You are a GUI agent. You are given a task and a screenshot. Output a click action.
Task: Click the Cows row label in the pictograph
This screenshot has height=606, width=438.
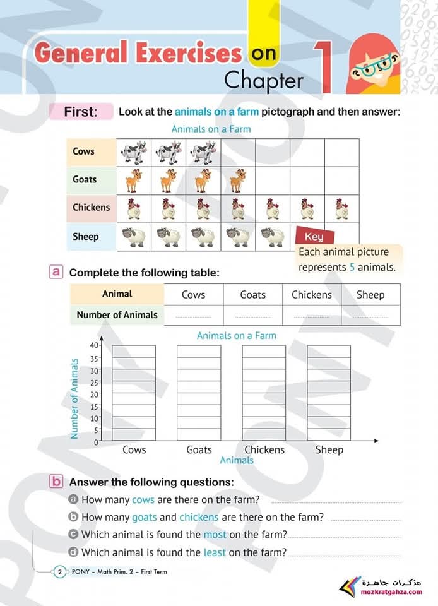(83, 151)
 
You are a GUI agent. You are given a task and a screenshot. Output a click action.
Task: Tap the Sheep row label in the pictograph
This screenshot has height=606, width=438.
(85, 237)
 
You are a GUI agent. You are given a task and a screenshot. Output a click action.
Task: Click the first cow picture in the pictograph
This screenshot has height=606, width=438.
(134, 152)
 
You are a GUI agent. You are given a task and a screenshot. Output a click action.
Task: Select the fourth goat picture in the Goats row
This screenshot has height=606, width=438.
(237, 181)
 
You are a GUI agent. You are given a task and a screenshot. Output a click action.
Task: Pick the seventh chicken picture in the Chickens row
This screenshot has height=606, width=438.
(341, 208)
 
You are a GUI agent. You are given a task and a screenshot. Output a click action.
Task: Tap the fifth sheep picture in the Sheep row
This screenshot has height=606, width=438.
(272, 237)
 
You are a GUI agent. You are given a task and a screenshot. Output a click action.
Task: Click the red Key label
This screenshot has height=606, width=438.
(314, 237)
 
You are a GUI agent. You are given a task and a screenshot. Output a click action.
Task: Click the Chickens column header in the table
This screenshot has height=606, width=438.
(312, 295)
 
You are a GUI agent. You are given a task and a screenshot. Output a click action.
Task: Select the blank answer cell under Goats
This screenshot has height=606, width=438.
(252, 315)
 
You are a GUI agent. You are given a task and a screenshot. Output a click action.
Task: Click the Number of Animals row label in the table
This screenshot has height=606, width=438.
(117, 314)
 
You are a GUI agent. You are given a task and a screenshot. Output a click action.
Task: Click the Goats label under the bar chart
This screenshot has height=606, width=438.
(199, 449)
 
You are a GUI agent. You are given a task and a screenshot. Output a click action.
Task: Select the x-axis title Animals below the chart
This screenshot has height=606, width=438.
(237, 460)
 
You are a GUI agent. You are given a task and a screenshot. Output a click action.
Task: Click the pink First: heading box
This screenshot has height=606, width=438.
(81, 112)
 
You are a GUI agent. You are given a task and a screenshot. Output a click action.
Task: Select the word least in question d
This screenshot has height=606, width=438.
(215, 552)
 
